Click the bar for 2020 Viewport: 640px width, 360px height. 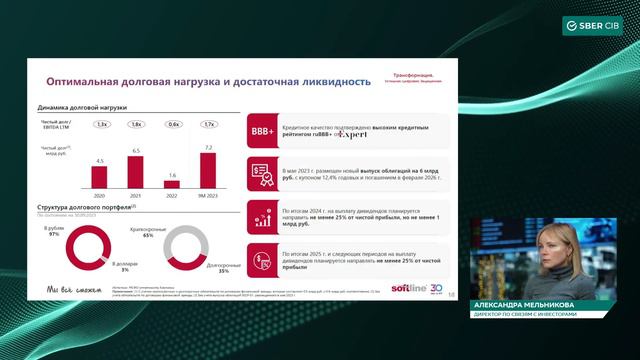pyautogui.click(x=99, y=176)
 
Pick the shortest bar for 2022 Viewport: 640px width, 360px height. pyautogui.click(x=172, y=184)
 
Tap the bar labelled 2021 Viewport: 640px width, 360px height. pyautogui.click(x=136, y=172)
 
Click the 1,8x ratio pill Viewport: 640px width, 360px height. pyautogui.click(x=136, y=124)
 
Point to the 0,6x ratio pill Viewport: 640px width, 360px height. pyautogui.click(x=172, y=124)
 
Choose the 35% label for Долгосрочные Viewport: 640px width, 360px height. pyautogui.click(x=224, y=271)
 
